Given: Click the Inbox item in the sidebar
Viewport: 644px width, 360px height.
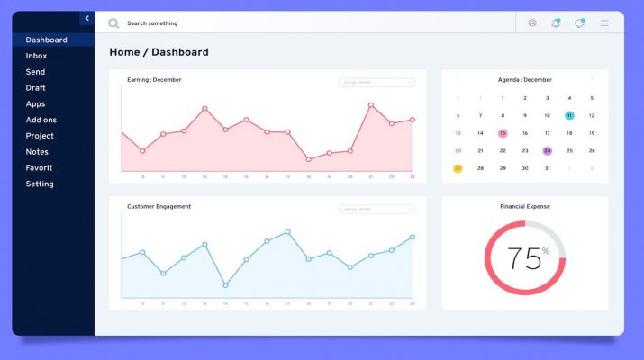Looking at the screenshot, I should [x=36, y=56].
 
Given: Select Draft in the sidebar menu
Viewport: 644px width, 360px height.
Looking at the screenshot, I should [x=36, y=88].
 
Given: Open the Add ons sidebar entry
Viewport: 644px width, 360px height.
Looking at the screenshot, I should [x=41, y=120].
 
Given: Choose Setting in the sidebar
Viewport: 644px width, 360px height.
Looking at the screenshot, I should [x=40, y=184].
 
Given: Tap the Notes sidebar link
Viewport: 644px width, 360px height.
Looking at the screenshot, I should [x=37, y=152].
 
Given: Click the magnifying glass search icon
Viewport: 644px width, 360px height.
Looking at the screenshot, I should [x=113, y=23].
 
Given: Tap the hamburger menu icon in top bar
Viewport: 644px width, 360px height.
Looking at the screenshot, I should [x=604, y=22].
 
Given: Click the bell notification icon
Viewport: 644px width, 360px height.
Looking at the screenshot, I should [x=556, y=22].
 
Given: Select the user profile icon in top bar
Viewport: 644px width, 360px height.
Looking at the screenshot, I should [x=532, y=22].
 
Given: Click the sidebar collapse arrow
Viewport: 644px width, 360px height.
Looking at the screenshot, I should [x=86, y=18].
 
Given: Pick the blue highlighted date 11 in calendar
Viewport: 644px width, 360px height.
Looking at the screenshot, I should [x=569, y=115].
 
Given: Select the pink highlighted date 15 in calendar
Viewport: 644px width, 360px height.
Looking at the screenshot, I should [x=503, y=133].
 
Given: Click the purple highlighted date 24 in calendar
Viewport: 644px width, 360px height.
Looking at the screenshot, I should [x=547, y=150].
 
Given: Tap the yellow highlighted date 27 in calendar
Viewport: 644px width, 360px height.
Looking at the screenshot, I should [x=458, y=168].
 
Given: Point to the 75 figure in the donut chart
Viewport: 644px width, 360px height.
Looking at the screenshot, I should [x=522, y=258].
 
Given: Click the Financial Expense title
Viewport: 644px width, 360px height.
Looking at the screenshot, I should [x=525, y=207].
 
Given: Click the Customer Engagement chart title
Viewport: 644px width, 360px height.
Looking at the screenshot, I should [x=159, y=207].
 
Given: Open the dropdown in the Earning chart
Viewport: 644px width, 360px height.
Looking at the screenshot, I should [x=376, y=82].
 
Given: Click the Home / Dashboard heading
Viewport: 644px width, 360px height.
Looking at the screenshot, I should [x=159, y=52].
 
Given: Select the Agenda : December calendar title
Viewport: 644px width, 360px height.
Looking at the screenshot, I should [x=525, y=80].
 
